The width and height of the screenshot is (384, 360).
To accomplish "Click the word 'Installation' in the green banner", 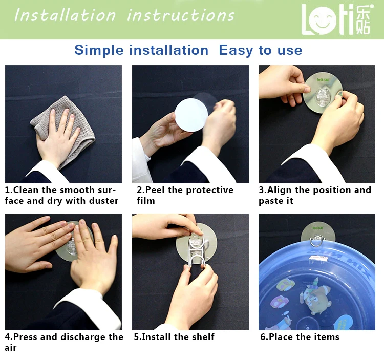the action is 65,15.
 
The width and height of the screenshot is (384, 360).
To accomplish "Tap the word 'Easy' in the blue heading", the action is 236,51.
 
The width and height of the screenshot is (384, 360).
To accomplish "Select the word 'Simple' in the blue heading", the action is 99,51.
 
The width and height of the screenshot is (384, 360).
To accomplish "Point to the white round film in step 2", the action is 191,115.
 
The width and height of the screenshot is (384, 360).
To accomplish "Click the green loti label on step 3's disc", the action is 323,80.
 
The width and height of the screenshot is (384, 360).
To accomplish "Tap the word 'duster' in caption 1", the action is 103,201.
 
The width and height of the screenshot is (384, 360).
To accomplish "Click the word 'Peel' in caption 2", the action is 155,190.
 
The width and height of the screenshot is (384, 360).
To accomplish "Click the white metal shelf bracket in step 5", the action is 196,252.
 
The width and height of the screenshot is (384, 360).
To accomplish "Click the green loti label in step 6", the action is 317,228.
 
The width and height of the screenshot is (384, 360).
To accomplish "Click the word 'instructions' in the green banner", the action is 181,15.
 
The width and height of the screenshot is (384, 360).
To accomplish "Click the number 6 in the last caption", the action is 262,337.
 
